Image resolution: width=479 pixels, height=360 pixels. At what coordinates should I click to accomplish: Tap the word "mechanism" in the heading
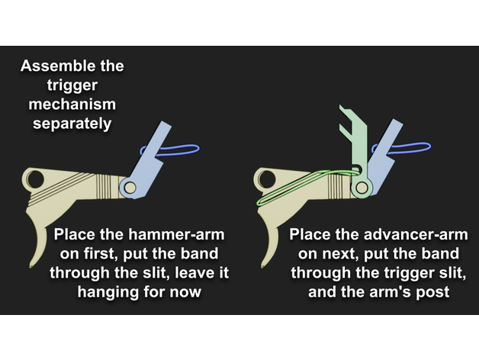point(72,104)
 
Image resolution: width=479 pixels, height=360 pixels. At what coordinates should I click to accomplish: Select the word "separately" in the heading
point(72,124)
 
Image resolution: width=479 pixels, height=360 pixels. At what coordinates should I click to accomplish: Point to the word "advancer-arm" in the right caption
point(416,235)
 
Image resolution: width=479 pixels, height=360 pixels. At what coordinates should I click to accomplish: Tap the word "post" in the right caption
point(434,292)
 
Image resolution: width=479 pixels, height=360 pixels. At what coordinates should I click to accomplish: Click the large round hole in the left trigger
point(35,179)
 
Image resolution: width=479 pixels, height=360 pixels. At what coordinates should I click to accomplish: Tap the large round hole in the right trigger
point(267,179)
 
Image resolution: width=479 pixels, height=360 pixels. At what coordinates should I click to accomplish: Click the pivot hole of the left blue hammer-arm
point(130,188)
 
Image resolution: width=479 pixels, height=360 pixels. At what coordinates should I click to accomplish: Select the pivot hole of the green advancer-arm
point(362,188)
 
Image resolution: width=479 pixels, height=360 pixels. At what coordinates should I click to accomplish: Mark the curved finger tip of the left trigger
point(31,265)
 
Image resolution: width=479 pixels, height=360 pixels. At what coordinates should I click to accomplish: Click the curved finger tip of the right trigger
point(262,265)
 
